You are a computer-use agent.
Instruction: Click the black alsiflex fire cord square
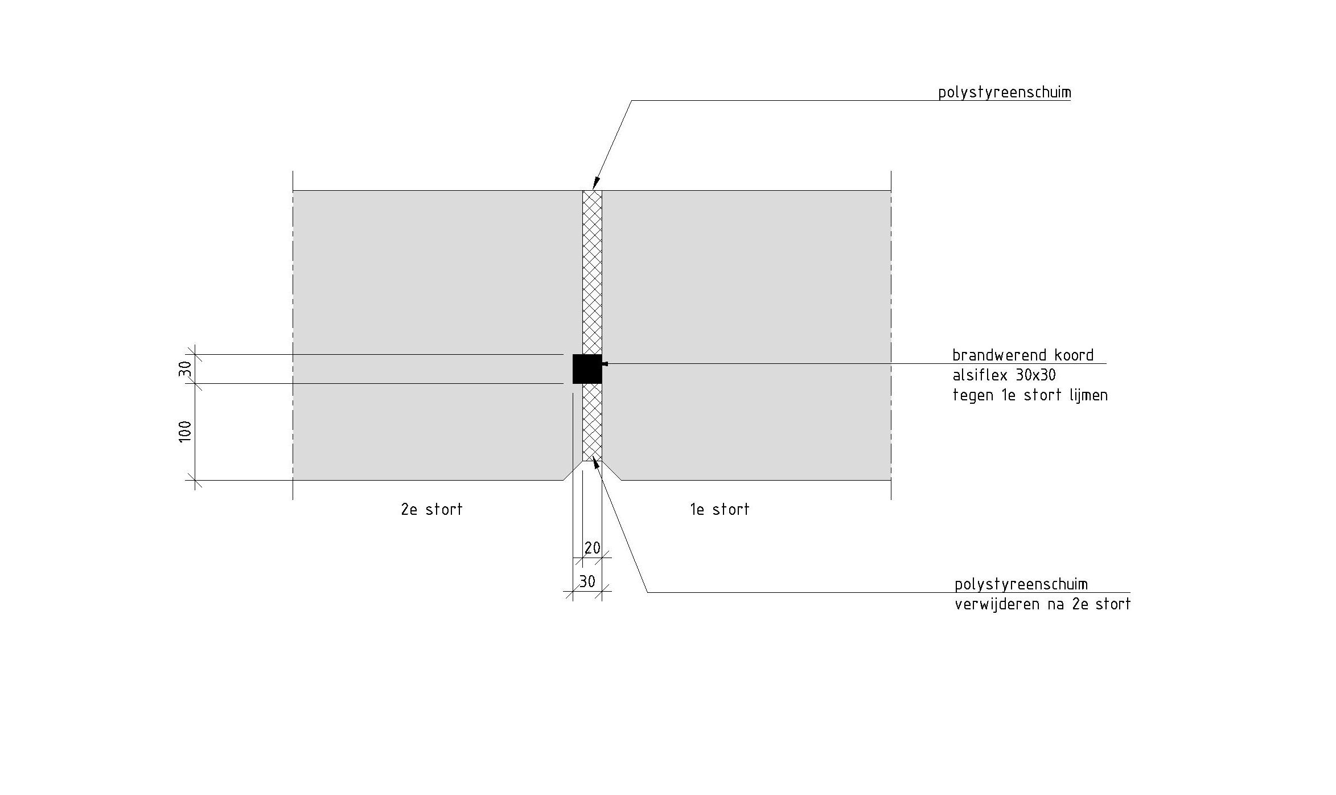(x=587, y=369)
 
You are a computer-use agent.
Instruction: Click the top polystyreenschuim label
(x=1004, y=93)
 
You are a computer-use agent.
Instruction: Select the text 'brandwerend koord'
(x=1023, y=355)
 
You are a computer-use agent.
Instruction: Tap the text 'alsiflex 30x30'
(x=1004, y=375)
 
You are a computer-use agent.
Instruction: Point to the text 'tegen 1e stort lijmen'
(x=1030, y=395)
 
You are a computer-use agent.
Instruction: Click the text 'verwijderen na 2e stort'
(x=1042, y=604)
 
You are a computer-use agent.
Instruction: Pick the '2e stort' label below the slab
(x=431, y=509)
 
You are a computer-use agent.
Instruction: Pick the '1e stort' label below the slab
(x=720, y=509)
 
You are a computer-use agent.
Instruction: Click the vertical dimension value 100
(x=186, y=432)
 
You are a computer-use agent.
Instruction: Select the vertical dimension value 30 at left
(x=186, y=369)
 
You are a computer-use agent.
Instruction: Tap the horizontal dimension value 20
(x=593, y=548)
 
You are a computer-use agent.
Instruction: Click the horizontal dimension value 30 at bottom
(x=587, y=581)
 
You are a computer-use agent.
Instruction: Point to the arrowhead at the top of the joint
(x=595, y=183)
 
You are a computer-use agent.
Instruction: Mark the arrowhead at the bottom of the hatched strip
(x=596, y=462)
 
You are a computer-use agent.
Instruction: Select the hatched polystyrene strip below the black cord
(x=592, y=421)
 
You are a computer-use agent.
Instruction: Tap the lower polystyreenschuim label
(x=1021, y=584)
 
